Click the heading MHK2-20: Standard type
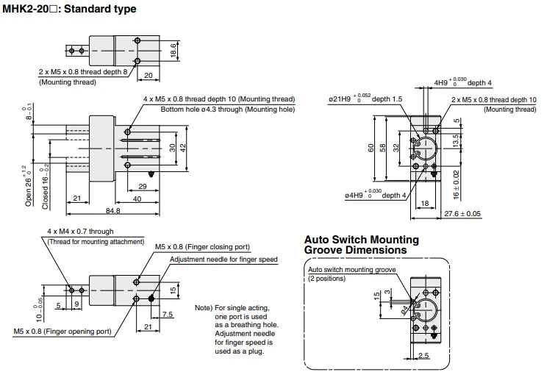[x=70, y=9]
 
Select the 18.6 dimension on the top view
[x=173, y=49]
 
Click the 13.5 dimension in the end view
[x=456, y=140]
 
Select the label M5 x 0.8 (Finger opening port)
[x=62, y=332]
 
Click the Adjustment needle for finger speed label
[x=223, y=260]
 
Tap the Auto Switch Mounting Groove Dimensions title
[x=362, y=245]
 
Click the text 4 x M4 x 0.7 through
[x=80, y=232]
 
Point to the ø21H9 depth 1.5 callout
[x=365, y=99]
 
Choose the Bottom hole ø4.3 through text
[x=228, y=110]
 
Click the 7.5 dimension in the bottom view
[x=167, y=315]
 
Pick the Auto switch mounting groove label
[x=351, y=270]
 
